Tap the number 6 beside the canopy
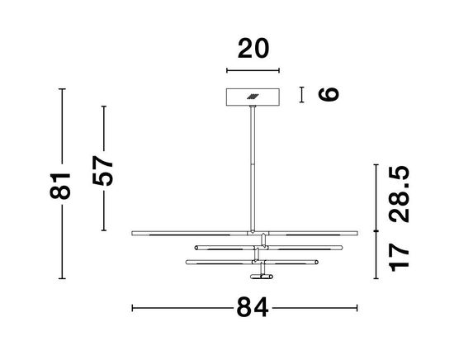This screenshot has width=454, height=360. click(328, 94)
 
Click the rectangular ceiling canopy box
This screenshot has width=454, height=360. click(253, 97)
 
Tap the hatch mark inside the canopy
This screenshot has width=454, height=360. click(252, 97)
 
